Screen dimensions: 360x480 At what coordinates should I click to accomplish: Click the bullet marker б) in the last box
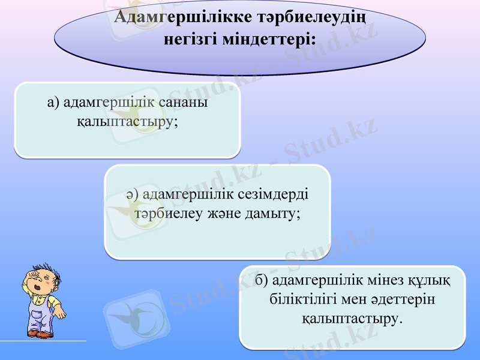[260, 280]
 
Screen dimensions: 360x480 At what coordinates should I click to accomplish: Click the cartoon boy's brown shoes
[40, 334]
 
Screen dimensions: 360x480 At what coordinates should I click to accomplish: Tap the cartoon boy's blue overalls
[41, 314]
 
